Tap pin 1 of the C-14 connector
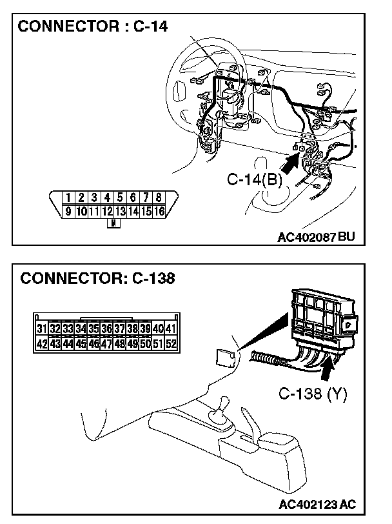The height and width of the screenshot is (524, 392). pyautogui.click(x=68, y=197)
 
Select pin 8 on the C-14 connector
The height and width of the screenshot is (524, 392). pyautogui.click(x=159, y=197)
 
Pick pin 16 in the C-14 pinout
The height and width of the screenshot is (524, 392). pyautogui.click(x=159, y=210)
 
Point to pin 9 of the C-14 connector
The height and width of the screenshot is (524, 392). pyautogui.click(x=68, y=210)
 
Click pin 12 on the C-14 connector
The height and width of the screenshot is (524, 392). pyautogui.click(x=107, y=210)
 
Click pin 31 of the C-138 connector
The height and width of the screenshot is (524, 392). pyautogui.click(x=42, y=329)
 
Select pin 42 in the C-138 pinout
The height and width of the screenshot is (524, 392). pyautogui.click(x=42, y=343)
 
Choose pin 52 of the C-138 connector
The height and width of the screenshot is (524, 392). pyautogui.click(x=171, y=343)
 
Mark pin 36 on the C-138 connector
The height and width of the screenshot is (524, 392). pyautogui.click(x=107, y=329)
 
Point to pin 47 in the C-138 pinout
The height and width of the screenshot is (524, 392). pyautogui.click(x=107, y=343)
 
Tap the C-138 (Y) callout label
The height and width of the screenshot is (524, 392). pyautogui.click(x=313, y=394)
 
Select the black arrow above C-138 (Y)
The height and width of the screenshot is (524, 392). pyautogui.click(x=329, y=370)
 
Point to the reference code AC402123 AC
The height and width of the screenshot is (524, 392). pyautogui.click(x=318, y=504)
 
